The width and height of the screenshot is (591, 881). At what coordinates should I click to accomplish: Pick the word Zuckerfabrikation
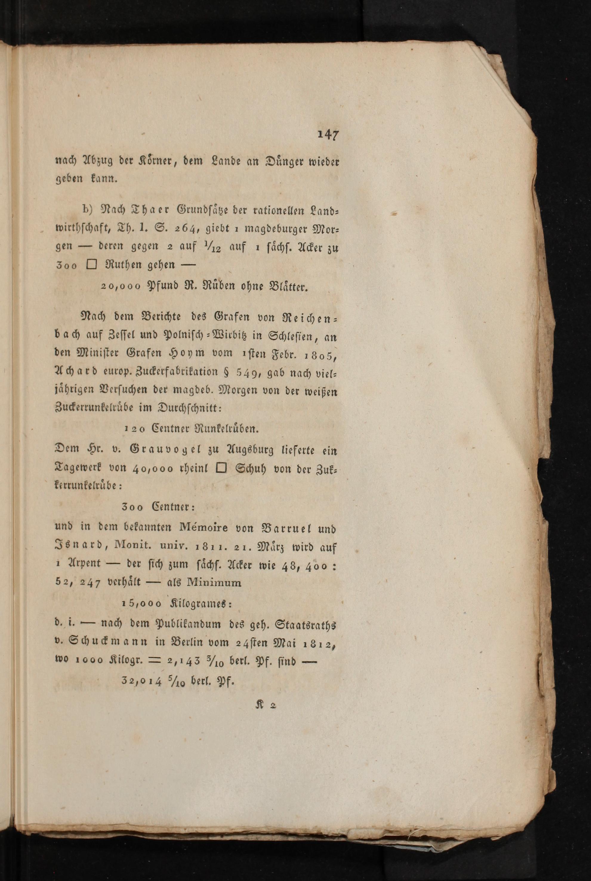[169, 372]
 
